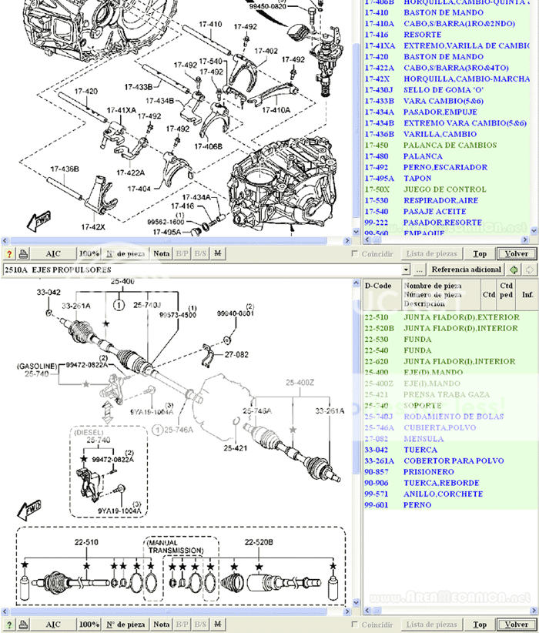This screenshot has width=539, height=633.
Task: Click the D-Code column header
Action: [x=378, y=286]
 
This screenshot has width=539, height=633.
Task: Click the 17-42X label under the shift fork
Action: [x=93, y=227]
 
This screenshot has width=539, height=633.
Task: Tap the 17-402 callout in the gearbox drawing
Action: [x=266, y=52]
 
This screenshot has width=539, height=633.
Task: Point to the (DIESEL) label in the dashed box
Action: [x=93, y=433]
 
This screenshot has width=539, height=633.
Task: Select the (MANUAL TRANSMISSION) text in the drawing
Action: [x=175, y=546]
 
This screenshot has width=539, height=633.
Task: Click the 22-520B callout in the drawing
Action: [x=259, y=542]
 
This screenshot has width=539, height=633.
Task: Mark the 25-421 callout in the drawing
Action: [x=236, y=447]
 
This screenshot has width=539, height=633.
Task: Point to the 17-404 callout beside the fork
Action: [x=139, y=188]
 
